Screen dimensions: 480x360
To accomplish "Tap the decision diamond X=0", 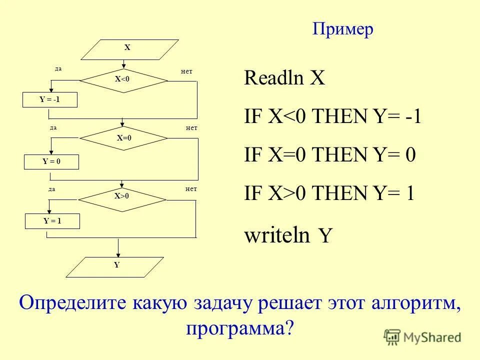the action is (x=123, y=138).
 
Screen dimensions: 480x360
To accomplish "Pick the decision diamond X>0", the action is (x=122, y=196).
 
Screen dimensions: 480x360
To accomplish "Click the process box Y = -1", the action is (x=50, y=100).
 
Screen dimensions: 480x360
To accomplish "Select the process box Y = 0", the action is (x=51, y=161).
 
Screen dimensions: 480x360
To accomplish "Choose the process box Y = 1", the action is (x=52, y=220).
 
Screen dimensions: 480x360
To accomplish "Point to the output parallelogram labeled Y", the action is (x=115, y=266).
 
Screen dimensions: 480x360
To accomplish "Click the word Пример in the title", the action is (x=343, y=29).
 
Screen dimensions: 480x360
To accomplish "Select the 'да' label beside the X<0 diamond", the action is (x=58, y=69).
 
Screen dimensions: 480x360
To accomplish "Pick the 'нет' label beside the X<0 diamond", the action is (x=186, y=72).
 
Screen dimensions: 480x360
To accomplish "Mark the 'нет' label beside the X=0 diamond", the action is (x=191, y=128).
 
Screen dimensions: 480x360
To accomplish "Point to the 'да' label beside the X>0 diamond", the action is (x=51, y=189).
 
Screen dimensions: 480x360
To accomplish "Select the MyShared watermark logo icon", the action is (x=392, y=336).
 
